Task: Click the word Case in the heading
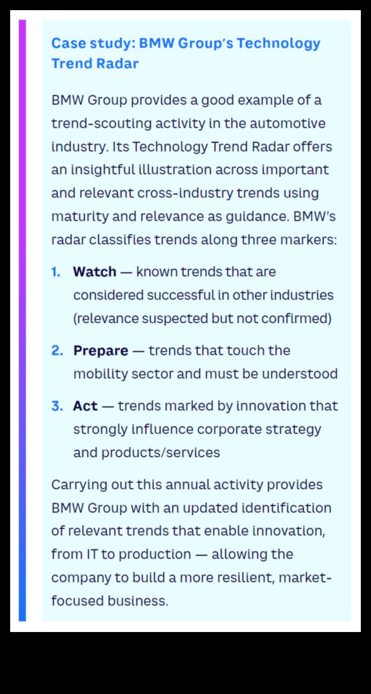[69, 43]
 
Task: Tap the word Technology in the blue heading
[279, 44]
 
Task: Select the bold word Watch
[95, 272]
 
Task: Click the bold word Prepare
[101, 351]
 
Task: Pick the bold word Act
[85, 406]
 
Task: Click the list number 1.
[56, 272]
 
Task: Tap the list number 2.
[57, 351]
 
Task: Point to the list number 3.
[57, 406]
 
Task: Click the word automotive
[288, 123]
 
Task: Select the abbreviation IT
[92, 554]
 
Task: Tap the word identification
[287, 508]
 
